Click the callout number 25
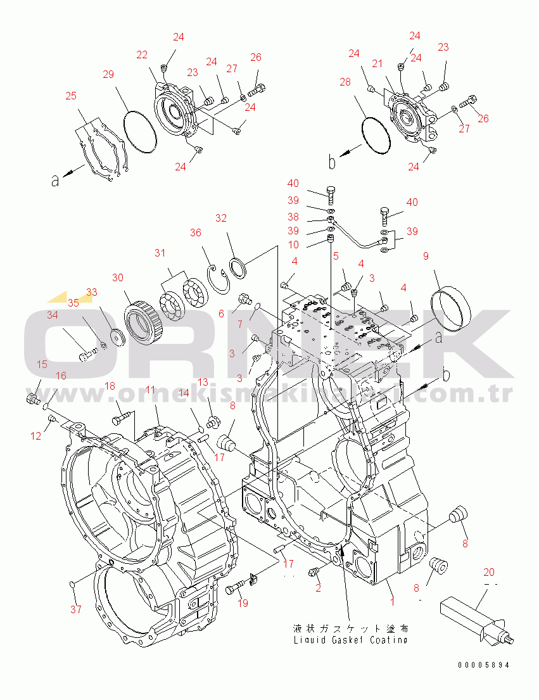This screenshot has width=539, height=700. (70, 96)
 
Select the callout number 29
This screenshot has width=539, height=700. (108, 75)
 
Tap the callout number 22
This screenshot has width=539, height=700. (142, 55)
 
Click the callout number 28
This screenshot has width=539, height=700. (345, 83)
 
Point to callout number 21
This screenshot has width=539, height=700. (377, 63)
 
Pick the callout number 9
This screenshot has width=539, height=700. (426, 257)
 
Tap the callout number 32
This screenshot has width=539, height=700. (220, 219)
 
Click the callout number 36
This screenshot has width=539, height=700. (196, 233)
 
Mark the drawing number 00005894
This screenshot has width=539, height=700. (484, 665)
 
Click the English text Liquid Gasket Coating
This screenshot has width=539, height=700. (350, 640)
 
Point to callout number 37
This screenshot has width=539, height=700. (76, 609)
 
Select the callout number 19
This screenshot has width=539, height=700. (243, 603)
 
